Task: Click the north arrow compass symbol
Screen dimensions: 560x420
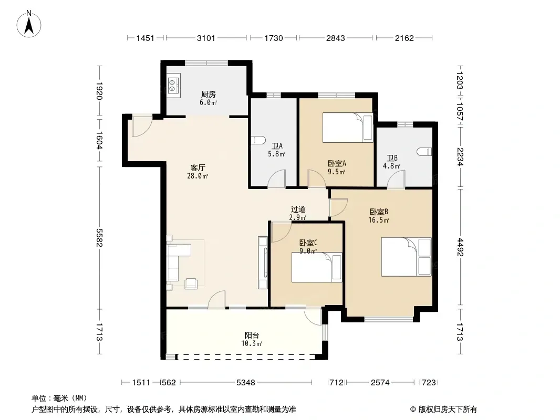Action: pyautogui.click(x=29, y=24)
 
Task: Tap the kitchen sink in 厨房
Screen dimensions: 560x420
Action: pyautogui.click(x=174, y=83)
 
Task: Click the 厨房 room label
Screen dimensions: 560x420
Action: pyautogui.click(x=209, y=94)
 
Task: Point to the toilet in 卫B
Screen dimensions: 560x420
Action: pyautogui.click(x=424, y=152)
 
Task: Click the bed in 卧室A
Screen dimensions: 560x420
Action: pyautogui.click(x=347, y=128)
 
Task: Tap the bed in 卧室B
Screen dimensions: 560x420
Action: pyautogui.click(x=406, y=257)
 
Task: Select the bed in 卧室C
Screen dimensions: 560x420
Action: pyautogui.click(x=317, y=267)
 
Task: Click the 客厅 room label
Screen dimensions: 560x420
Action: pyautogui.click(x=198, y=167)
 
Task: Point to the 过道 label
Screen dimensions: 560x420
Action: pyautogui.click(x=298, y=209)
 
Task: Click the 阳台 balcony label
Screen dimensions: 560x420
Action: pyautogui.click(x=252, y=335)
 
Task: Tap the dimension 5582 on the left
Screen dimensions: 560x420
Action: pyautogui.click(x=99, y=237)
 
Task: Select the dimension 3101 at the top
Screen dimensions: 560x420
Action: pyautogui.click(x=206, y=38)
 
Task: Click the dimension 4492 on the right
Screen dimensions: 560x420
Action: pyautogui.click(x=460, y=247)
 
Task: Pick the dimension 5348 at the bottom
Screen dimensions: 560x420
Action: pyautogui.click(x=246, y=383)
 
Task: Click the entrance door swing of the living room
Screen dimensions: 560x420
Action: pyautogui.click(x=142, y=127)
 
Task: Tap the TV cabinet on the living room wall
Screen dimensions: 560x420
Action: pyautogui.click(x=263, y=262)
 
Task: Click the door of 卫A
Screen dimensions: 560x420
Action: pyautogui.click(x=277, y=178)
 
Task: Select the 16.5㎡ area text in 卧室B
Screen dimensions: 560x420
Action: pyautogui.click(x=379, y=220)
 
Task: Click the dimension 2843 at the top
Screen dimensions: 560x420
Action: pyautogui.click(x=335, y=38)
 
